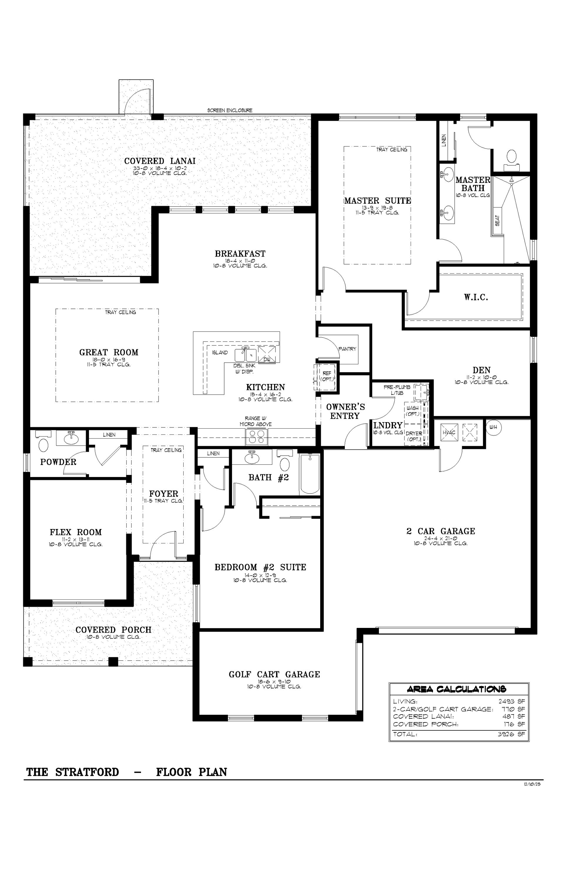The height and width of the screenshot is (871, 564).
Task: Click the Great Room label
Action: (109, 353)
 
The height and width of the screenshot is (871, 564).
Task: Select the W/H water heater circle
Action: (493, 427)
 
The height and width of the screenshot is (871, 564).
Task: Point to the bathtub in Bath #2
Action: (310, 474)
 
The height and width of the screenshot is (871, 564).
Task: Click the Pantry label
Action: (347, 349)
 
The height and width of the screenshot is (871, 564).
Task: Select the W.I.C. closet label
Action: (476, 297)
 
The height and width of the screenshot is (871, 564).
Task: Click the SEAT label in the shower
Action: (497, 220)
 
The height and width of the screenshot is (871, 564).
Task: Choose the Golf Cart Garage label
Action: (274, 674)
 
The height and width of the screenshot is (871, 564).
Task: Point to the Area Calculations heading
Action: (457, 689)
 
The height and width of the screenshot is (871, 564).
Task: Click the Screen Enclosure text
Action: (230, 110)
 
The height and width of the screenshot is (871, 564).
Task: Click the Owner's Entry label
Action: (345, 411)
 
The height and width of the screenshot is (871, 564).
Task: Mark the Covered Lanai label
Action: (160, 161)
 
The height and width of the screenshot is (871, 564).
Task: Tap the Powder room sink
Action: (71, 437)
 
